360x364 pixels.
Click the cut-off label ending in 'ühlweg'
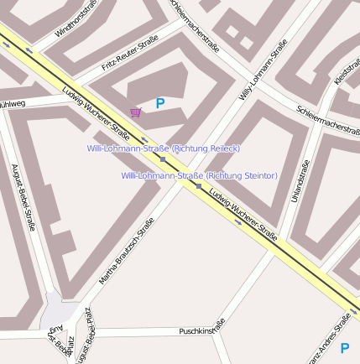(13, 104)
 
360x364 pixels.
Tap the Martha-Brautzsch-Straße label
(127, 251)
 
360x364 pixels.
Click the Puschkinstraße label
(202, 329)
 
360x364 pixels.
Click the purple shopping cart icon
(136, 112)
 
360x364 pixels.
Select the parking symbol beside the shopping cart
(159, 104)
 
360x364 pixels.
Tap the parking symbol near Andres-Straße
(344, 347)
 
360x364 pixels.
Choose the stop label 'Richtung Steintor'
(199, 175)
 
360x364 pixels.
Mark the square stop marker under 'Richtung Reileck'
(163, 159)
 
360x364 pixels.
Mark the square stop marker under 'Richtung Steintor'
(198, 186)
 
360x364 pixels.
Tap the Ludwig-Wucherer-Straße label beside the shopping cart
(96, 112)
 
